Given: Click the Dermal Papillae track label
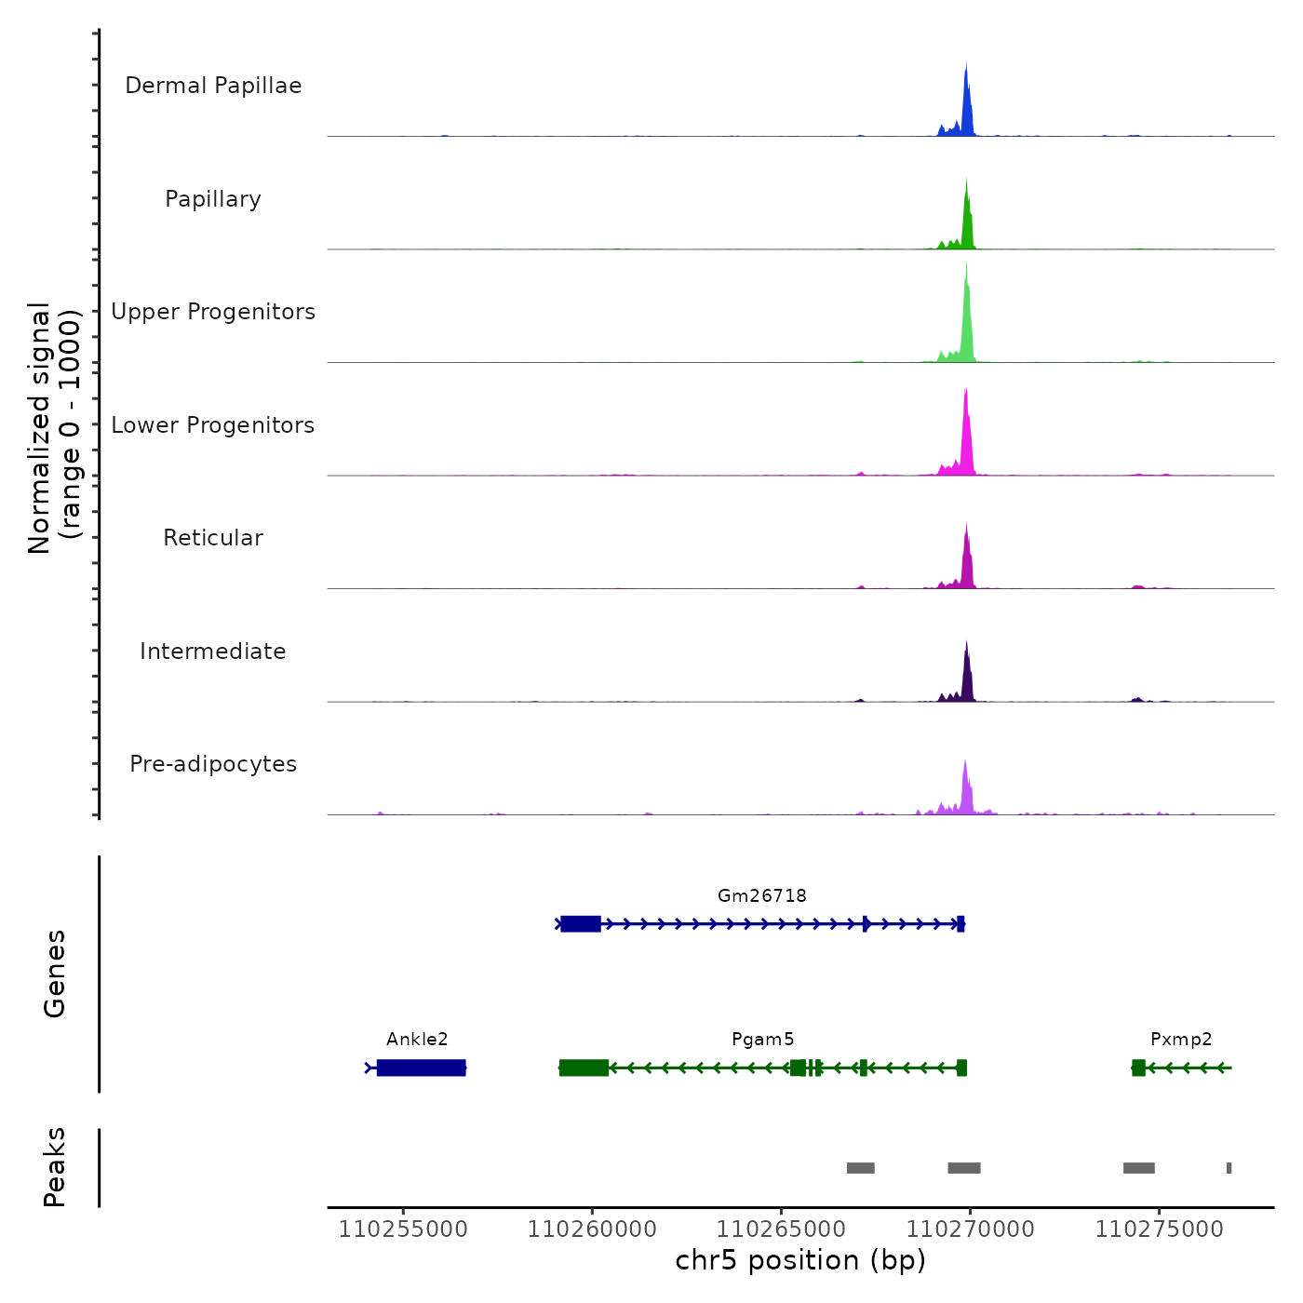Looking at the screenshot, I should coord(213,86).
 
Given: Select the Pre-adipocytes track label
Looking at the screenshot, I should coord(213,764).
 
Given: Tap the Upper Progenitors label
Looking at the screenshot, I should coord(213,312).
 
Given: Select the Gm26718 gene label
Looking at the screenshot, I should coord(761,895).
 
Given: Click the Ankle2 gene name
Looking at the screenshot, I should coord(417,1039).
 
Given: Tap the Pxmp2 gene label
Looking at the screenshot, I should coord(1181,1039).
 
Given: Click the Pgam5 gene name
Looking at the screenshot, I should coord(762,1039).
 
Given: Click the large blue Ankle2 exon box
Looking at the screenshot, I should coord(421,1068).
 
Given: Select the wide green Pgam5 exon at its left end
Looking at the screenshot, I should coord(584,1068).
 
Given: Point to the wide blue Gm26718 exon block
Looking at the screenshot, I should coord(581,924).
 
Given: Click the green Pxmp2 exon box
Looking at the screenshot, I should coord(1138,1068).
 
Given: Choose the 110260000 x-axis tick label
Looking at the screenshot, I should coord(592,1229).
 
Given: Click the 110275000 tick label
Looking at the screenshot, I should coord(1159,1229).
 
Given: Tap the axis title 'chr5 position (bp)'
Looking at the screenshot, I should coord(800,1260).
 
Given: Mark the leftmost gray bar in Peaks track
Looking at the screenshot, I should coord(860,1168).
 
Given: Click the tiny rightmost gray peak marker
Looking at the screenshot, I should coord(1229,1168).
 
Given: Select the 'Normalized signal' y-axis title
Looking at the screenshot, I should coord(39,428).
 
